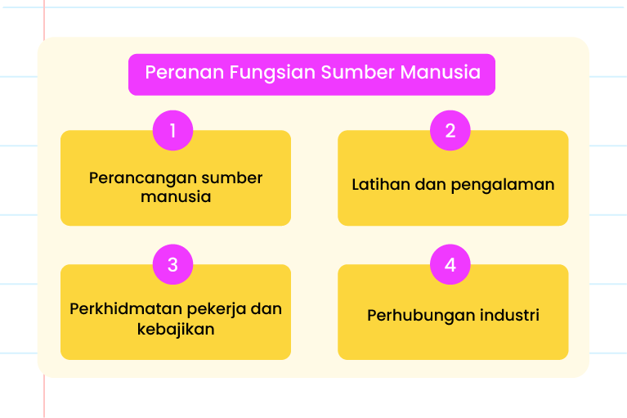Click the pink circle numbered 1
[172, 130]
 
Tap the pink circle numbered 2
[450, 130]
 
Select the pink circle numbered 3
[172, 264]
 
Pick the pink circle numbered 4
[450, 264]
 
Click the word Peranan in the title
[185, 73]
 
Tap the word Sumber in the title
[358, 73]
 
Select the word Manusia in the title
[441, 73]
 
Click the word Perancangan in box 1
[142, 178]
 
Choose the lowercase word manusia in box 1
[176, 197]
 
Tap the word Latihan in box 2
[381, 184]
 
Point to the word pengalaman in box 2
[503, 185]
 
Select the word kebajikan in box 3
[176, 329]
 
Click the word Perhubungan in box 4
[421, 316]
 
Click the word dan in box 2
[430, 184]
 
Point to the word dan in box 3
[266, 309]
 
